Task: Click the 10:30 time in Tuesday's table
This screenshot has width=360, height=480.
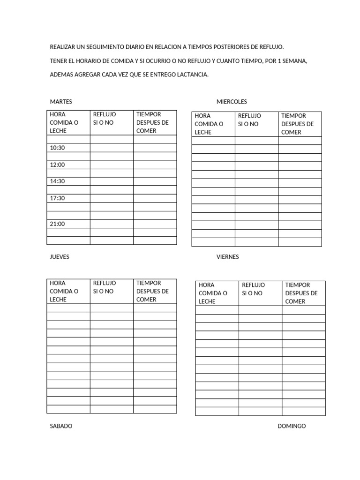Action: [x=58, y=148]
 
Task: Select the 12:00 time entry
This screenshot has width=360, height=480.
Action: [x=58, y=165]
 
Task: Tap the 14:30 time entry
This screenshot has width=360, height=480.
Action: [x=58, y=181]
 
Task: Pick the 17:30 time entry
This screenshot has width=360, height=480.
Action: [x=58, y=198]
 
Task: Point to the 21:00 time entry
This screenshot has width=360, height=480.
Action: [x=58, y=224]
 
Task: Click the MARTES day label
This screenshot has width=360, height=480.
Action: [x=61, y=102]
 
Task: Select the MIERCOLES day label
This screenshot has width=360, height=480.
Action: [x=232, y=102]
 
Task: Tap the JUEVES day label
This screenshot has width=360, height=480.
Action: [x=60, y=257]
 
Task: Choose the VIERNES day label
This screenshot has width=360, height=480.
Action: [x=228, y=257]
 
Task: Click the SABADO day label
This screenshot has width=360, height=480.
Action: [x=61, y=426]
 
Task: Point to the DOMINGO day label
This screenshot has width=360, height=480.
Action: [x=292, y=426]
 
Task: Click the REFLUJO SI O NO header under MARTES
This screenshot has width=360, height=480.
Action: [x=105, y=118]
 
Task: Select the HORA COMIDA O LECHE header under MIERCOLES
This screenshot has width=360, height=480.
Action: [x=209, y=124]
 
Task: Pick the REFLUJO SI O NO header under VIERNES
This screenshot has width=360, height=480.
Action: [x=254, y=289]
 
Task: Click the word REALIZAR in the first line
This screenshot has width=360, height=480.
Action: [x=63, y=47]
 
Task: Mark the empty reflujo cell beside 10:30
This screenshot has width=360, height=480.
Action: [x=112, y=148]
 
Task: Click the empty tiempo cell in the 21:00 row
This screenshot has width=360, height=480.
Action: [x=155, y=224]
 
